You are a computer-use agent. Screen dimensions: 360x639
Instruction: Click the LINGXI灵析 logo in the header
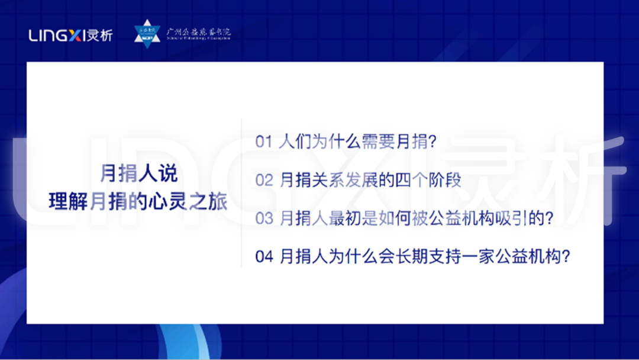tap(70, 36)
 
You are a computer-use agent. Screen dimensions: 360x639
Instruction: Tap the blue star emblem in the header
tap(147, 34)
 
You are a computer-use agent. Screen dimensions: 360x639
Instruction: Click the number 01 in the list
tap(263, 142)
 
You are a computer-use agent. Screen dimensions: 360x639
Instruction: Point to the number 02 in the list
tap(264, 181)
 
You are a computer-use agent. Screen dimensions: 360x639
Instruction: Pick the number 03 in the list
tap(264, 218)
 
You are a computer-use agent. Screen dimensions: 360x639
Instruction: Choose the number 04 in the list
tap(264, 256)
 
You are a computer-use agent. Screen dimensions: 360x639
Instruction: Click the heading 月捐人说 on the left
tap(138, 174)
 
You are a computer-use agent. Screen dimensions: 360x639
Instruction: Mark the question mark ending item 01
tap(432, 143)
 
